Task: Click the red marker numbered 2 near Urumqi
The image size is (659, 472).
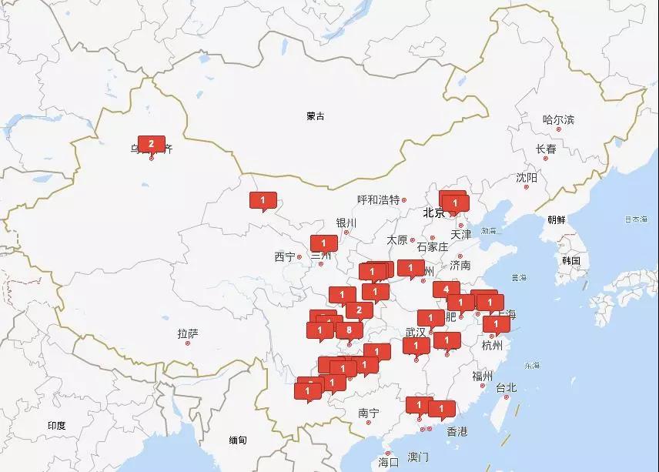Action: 152,144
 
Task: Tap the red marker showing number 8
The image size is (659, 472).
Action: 350,330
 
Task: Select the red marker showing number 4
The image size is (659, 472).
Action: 447,290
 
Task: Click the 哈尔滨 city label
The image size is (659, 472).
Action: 558,119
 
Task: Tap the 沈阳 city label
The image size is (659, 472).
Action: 527,178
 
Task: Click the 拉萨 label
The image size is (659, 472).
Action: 188,333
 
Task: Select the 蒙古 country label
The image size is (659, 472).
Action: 315,116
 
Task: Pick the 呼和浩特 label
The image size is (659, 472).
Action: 379,199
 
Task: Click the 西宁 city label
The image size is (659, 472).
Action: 284,256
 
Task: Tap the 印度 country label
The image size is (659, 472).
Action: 56,425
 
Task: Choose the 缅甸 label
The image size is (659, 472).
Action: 238,440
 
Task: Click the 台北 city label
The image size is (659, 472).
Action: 506,387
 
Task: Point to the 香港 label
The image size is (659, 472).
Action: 457,432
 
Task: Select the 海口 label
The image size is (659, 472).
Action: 389,462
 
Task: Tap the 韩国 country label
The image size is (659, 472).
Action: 570,260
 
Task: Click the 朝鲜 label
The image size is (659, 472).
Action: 556,219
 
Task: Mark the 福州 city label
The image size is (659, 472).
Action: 483,376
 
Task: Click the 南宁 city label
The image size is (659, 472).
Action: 369,413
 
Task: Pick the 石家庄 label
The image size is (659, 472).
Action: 432,247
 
